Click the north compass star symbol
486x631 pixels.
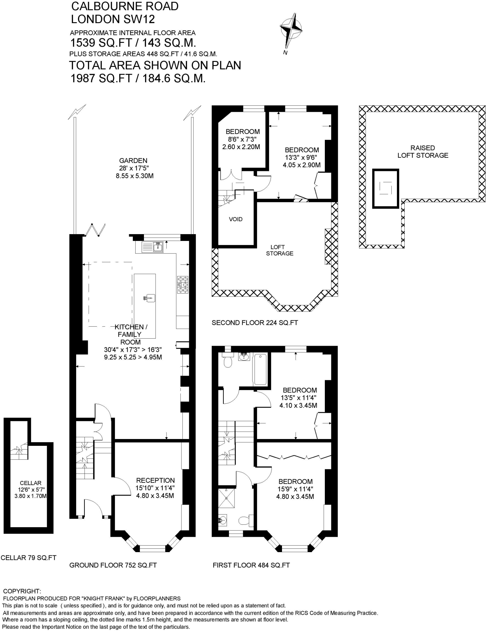coord(291,30)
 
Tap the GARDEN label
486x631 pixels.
coord(133,161)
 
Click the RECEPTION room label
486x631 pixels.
coord(155,480)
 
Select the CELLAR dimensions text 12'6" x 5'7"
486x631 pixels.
coord(31,490)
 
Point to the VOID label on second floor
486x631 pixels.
coord(235,219)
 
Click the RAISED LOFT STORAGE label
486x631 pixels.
coord(423,152)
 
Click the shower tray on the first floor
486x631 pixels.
coord(227,498)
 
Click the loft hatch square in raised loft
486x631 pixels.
coord(386,188)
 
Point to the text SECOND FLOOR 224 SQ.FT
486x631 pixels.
coord(255,323)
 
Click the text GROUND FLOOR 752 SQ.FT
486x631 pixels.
coord(113,565)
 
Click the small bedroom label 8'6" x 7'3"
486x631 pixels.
coord(242,139)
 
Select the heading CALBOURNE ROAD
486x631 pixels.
coord(125,6)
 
